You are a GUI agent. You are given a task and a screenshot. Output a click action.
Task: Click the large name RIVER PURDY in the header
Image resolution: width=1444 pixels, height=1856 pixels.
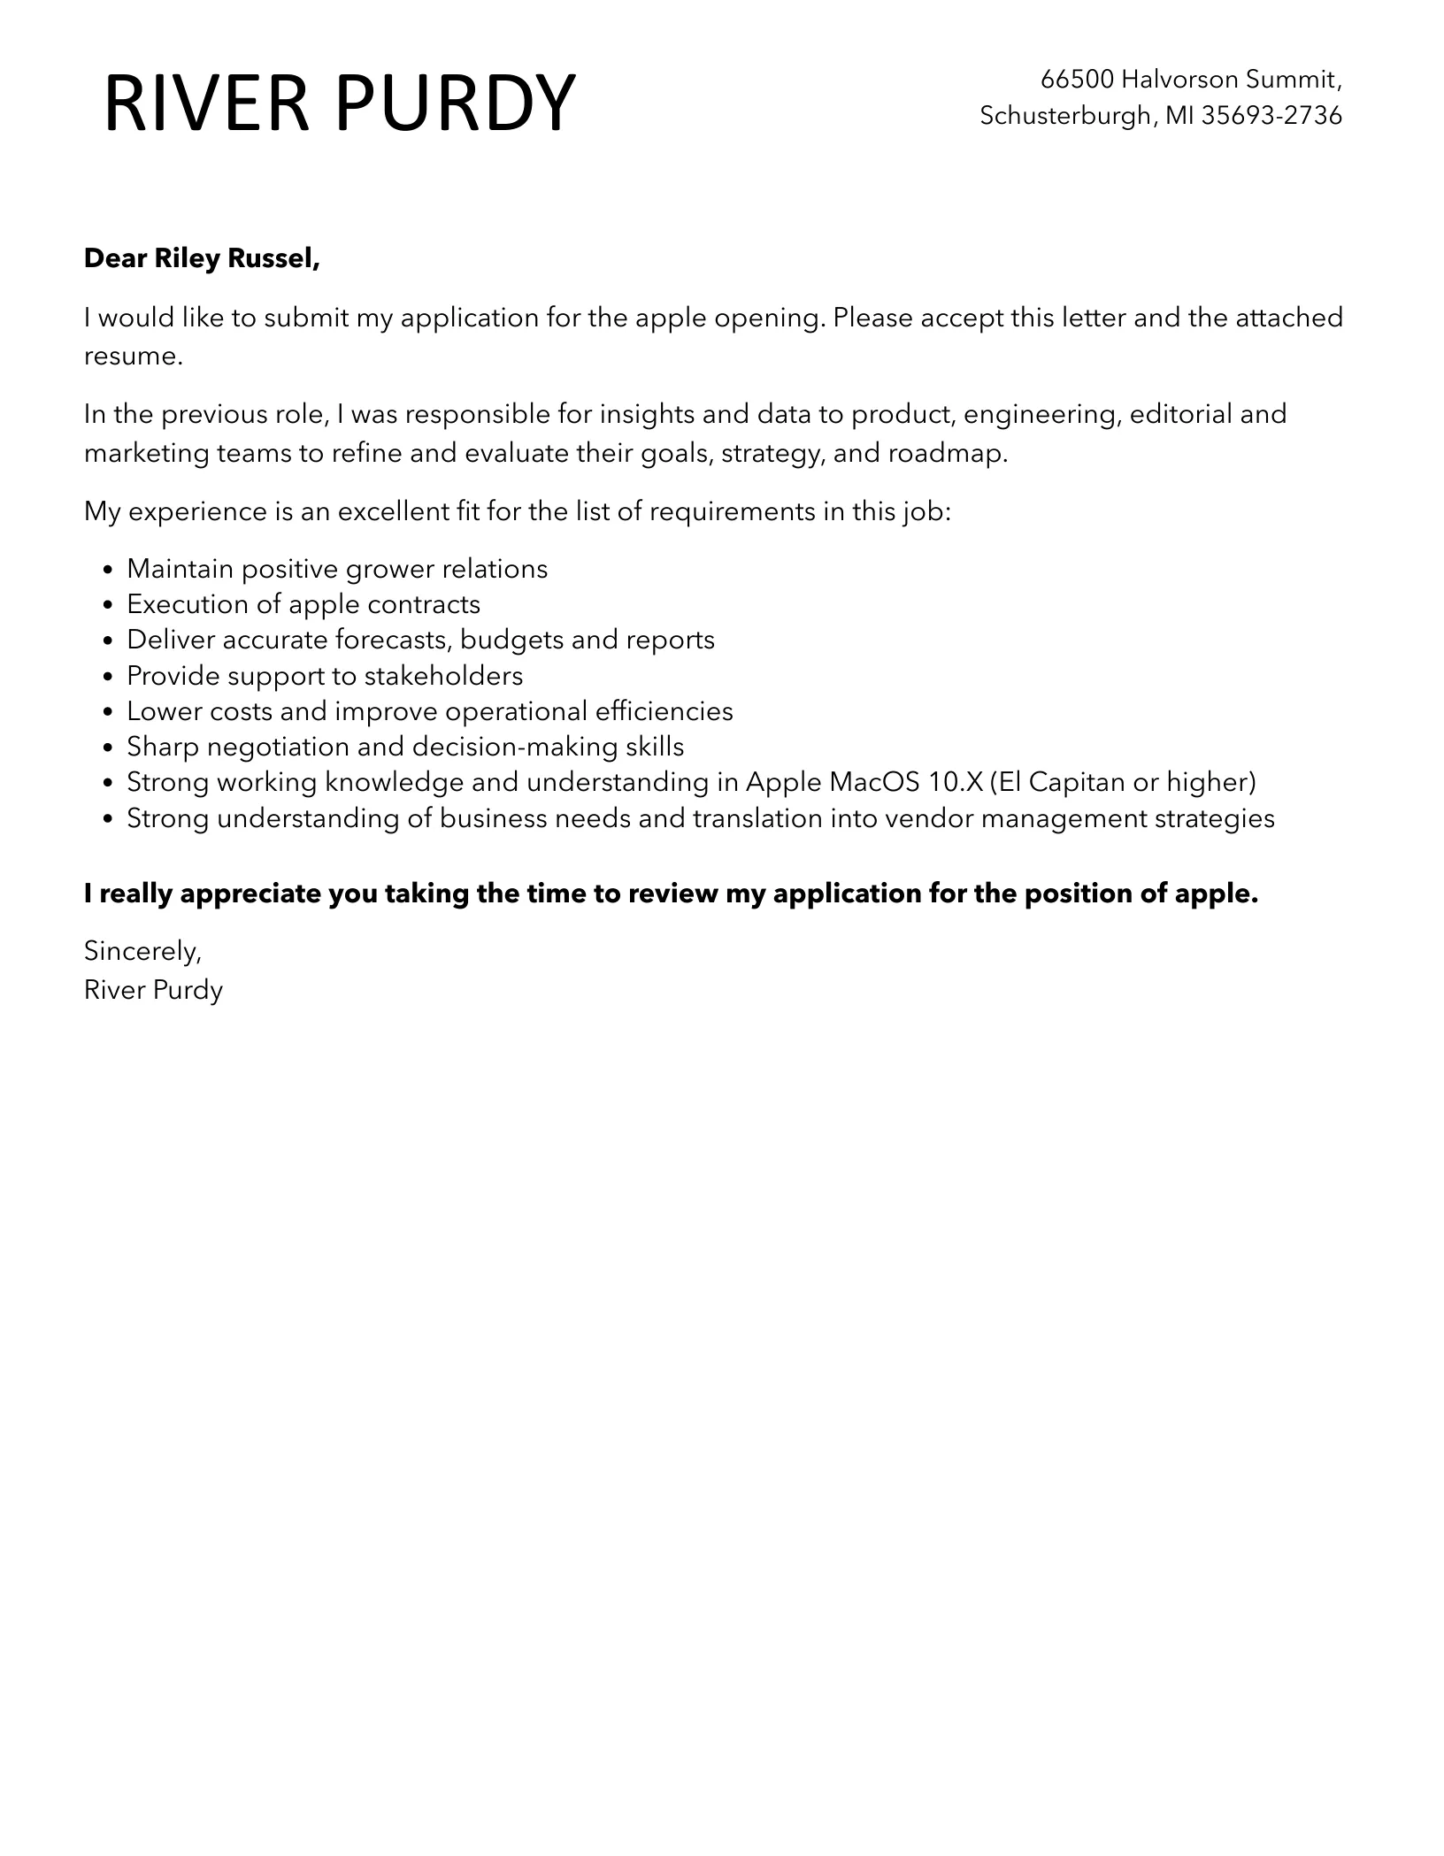click(340, 104)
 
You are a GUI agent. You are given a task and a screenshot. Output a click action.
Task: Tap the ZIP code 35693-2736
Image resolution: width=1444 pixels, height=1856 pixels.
click(1272, 116)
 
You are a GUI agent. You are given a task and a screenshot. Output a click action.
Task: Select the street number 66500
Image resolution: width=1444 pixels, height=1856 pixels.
click(1077, 80)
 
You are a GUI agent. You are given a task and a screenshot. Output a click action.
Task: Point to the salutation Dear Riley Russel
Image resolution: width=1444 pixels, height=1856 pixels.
click(202, 258)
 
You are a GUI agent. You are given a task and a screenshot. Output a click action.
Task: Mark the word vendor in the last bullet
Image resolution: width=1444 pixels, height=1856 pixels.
click(929, 818)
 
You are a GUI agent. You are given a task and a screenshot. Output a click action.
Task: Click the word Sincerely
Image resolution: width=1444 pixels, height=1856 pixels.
click(142, 951)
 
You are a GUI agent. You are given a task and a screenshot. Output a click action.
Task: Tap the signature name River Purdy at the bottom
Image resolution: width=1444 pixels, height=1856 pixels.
click(153, 990)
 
